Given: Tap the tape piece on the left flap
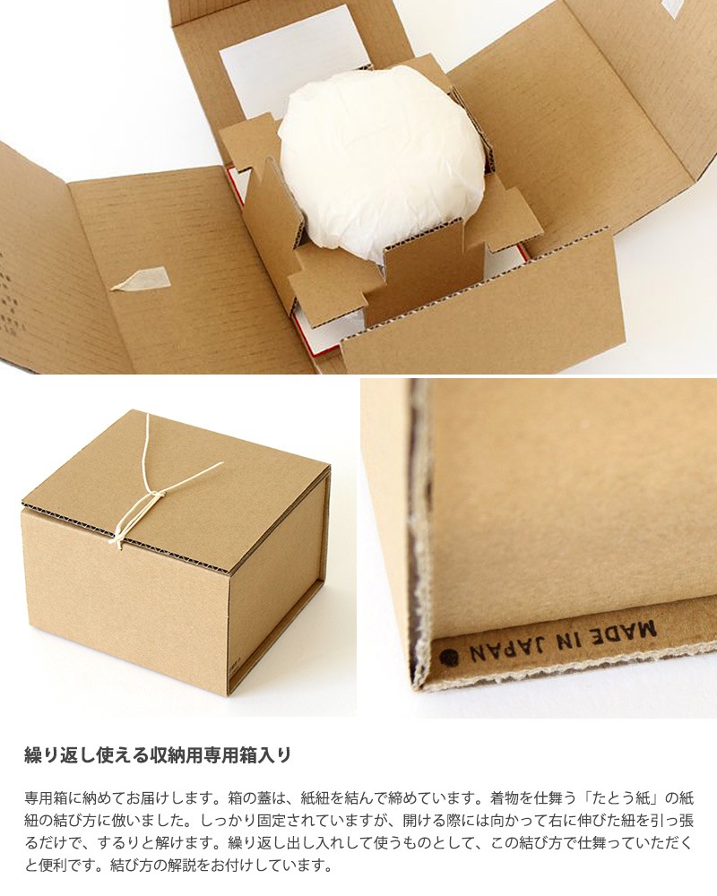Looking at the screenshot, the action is point(141,279).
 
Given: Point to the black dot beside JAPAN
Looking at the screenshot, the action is point(449,657).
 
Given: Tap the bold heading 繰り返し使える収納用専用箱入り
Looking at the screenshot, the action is point(157,754).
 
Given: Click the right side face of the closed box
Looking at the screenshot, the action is point(277,591).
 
